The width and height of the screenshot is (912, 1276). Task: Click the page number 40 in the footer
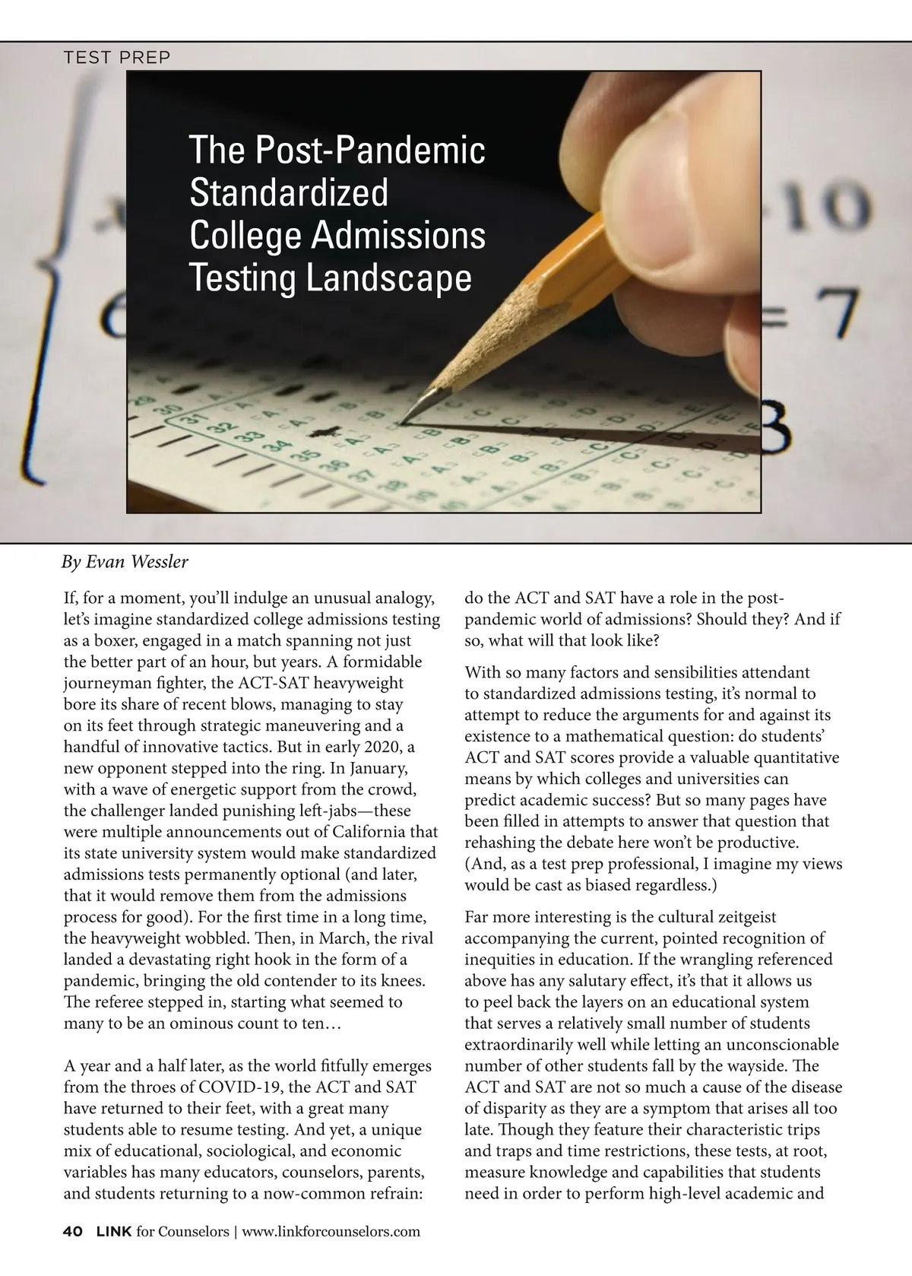(73, 1231)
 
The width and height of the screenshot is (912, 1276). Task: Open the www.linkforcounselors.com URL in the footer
(331, 1231)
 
